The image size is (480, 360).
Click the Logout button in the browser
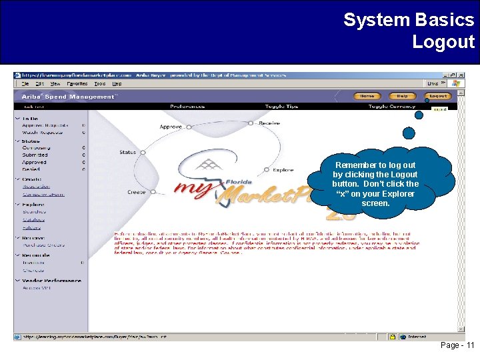pos(438,96)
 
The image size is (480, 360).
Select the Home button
pos(367,96)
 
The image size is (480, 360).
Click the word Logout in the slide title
pos(443,42)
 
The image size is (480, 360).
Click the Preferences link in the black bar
pos(187,106)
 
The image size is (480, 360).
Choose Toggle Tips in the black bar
pos(281,106)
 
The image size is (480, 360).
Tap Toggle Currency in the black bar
pos(391,106)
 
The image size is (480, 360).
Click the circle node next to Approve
pos(187,127)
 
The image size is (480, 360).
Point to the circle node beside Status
pos(141,153)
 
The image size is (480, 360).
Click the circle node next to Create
pos(151,192)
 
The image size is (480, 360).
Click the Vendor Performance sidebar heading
pos(51,281)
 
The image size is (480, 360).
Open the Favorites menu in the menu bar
pos(77,84)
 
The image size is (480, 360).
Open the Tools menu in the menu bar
pos(99,84)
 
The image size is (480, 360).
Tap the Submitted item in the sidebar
pos(35,155)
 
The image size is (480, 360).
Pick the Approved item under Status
pos(34,162)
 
